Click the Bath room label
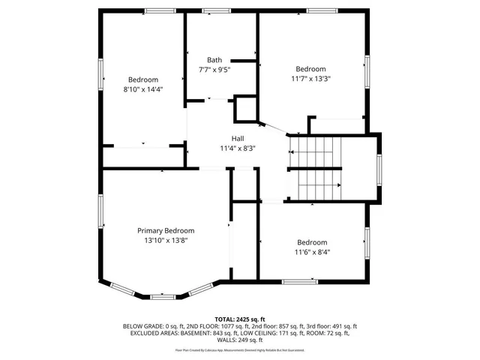[214, 60]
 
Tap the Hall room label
[237, 139]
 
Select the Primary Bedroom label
[165, 231]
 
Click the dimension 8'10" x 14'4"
[142, 89]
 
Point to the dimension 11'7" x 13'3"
[310, 78]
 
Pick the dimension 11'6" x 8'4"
[311, 252]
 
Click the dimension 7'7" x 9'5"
[214, 70]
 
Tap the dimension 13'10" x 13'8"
[165, 241]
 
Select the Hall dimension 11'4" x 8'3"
[237, 148]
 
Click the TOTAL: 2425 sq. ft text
[240, 319]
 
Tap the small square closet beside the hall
[246, 109]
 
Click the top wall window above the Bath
[217, 10]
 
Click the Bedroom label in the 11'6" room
[311, 242]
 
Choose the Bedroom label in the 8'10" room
[142, 79]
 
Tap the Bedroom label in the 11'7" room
[310, 68]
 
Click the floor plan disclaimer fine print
[240, 349]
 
